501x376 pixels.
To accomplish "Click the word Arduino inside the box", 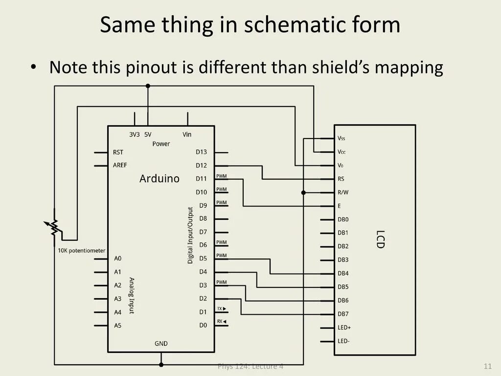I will click(x=159, y=179).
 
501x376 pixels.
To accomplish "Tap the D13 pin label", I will click(x=201, y=152).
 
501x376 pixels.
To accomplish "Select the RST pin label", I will click(x=118, y=152).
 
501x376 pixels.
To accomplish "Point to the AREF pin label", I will click(x=120, y=165).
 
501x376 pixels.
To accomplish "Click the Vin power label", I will click(x=187, y=134).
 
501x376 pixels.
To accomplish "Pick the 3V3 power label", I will click(x=135, y=134).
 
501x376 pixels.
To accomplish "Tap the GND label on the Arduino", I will click(x=161, y=344).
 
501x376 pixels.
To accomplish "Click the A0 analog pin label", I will click(x=118, y=258).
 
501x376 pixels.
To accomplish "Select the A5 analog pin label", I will click(x=118, y=326).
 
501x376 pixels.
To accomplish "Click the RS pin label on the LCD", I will click(x=341, y=179).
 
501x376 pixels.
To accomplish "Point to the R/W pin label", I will click(x=343, y=192).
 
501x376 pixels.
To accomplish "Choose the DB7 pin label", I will click(x=343, y=314).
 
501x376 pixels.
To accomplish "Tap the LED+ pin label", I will click(x=344, y=328).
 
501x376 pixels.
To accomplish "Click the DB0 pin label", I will click(x=343, y=220).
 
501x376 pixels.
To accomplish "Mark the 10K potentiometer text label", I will click(x=81, y=251).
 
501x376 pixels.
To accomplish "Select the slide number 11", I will click(x=487, y=367).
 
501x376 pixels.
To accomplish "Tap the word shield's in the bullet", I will click(x=341, y=67).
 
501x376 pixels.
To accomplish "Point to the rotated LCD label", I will click(x=380, y=239).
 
